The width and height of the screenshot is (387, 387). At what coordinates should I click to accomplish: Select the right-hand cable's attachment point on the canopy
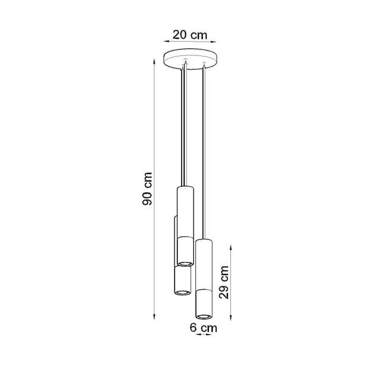coord(204,66)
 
